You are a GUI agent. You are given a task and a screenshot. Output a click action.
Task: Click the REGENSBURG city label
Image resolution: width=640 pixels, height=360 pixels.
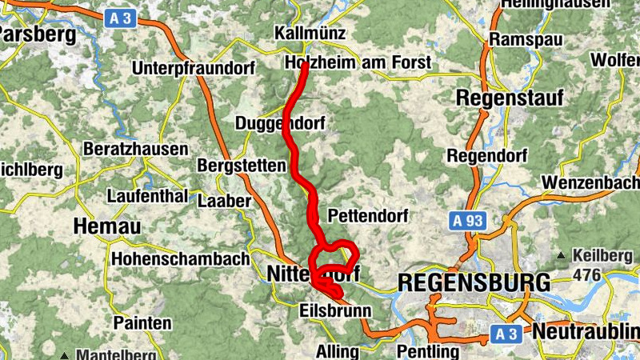pyautogui.click(x=474, y=282)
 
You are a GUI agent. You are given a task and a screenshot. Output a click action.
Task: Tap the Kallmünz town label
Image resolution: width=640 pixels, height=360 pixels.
pyautogui.click(x=310, y=34)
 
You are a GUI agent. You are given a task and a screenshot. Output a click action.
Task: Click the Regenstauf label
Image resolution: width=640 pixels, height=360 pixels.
pyautogui.click(x=510, y=98)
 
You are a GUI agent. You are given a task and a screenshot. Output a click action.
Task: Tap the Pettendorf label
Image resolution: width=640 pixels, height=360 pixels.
pyautogui.click(x=368, y=215)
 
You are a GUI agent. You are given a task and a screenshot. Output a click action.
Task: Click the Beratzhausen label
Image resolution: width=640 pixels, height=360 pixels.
pyautogui.click(x=136, y=149)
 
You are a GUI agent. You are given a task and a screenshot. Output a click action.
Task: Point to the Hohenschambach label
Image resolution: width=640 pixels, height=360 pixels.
pyautogui.click(x=180, y=258)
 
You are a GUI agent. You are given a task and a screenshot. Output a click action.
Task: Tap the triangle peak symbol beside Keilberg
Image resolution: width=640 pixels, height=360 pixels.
pyautogui.click(x=562, y=256)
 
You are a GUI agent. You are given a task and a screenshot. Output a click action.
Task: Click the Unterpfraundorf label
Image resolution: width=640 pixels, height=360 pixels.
pyautogui.click(x=191, y=66)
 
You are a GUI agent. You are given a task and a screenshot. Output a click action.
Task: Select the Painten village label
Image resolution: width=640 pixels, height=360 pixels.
pyautogui.click(x=142, y=323)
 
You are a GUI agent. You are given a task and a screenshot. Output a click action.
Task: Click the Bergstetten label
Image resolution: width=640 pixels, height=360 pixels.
pyautogui.click(x=241, y=166)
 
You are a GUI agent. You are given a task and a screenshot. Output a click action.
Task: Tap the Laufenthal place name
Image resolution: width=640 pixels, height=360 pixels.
pyautogui.click(x=146, y=197)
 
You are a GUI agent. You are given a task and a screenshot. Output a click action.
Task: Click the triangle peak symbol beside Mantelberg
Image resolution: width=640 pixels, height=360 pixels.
pyautogui.click(x=63, y=354)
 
